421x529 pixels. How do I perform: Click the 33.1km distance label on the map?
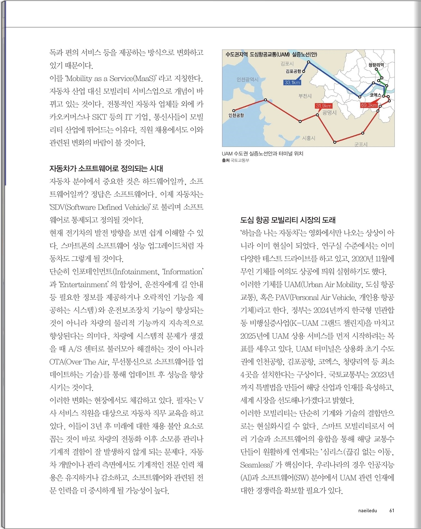click(292, 82)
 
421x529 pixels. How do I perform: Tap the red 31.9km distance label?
click(324, 106)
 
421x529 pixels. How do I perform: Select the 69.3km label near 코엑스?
click(369, 105)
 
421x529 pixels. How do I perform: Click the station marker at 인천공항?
click(234, 111)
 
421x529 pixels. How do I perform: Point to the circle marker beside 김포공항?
click(304, 71)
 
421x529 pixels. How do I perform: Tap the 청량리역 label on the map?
click(376, 65)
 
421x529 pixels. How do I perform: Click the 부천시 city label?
click(305, 96)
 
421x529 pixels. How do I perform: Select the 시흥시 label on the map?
click(308, 138)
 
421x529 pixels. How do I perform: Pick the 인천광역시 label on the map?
click(247, 79)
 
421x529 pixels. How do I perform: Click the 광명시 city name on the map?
click(329, 113)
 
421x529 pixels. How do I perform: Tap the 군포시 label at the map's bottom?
click(360, 144)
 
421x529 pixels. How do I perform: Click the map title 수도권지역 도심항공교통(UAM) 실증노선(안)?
click(271, 54)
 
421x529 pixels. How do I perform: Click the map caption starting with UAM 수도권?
click(262, 154)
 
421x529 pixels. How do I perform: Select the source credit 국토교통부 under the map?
click(240, 160)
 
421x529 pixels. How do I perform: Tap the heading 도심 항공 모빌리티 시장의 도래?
click(288, 220)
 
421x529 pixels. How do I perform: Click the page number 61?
click(392, 510)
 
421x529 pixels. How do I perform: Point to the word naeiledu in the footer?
click(367, 510)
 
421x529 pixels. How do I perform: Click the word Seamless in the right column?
click(256, 465)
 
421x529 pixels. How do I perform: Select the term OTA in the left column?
click(56, 362)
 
